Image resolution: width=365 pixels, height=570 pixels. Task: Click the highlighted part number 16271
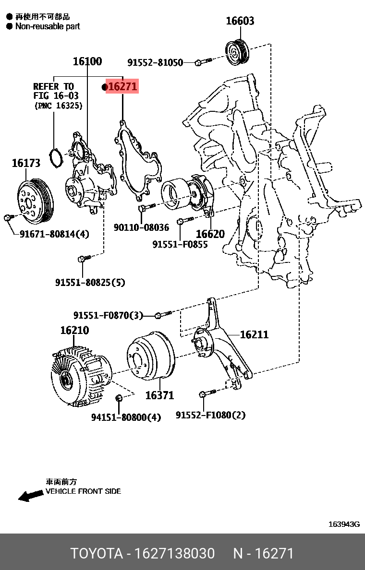[x=123, y=87]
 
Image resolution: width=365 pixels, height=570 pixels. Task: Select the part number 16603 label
[x=240, y=21]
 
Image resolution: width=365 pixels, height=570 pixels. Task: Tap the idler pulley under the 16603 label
[x=237, y=51]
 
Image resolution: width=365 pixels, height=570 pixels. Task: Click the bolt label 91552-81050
[x=155, y=62]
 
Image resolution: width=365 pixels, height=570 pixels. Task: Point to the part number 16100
[x=87, y=61]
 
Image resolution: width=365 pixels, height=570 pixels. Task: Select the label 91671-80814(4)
[x=54, y=234]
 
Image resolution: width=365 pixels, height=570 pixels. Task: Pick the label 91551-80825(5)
[x=90, y=283]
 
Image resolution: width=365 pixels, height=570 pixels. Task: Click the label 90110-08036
[x=141, y=227]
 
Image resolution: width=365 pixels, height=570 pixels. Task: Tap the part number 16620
[x=210, y=234]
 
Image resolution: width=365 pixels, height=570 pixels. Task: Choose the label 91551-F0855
[x=180, y=244]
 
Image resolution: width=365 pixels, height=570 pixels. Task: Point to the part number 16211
[x=254, y=334]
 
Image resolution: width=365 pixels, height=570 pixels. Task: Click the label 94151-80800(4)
[x=126, y=417]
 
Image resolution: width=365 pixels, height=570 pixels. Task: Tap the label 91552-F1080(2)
[x=210, y=415]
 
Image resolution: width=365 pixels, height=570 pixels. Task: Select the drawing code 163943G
[x=344, y=524]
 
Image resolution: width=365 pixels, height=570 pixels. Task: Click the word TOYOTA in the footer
[x=97, y=553]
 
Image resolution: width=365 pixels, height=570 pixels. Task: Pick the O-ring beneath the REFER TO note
[x=56, y=158]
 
